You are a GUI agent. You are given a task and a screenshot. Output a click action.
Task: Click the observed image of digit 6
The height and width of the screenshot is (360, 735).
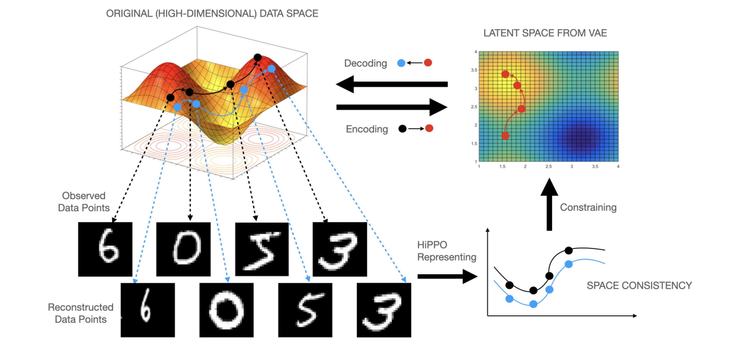tap(105, 249)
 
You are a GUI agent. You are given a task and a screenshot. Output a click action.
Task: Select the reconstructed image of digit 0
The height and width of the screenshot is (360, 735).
tap(226, 310)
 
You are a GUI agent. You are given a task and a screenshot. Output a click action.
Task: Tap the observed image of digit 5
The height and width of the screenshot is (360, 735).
tap(262, 249)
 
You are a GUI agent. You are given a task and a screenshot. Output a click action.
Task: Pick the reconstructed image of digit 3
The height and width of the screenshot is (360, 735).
tap(384, 310)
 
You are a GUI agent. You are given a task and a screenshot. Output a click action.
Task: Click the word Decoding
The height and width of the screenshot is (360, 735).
tap(365, 63)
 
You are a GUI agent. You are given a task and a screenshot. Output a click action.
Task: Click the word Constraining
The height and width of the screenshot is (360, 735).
tap(588, 207)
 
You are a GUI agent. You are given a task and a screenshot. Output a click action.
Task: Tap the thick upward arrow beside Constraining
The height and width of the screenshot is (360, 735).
tap(549, 204)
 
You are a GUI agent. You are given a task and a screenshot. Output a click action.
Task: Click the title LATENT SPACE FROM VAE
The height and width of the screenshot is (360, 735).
tap(545, 33)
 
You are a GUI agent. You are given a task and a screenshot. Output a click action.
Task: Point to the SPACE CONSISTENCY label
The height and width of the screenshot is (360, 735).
tap(639, 285)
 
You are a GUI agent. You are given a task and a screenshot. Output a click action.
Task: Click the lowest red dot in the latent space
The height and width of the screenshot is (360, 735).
tap(505, 136)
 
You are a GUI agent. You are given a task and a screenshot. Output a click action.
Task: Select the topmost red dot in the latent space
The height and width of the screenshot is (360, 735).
tap(505, 74)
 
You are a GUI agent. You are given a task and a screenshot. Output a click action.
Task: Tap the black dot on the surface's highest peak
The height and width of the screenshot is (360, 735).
tap(257, 57)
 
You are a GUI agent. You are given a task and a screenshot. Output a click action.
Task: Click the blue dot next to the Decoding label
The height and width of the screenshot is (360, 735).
tap(401, 63)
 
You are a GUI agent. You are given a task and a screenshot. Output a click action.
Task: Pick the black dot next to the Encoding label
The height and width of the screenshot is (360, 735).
tap(402, 129)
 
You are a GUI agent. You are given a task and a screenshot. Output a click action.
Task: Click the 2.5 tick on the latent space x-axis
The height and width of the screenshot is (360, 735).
tap(548, 166)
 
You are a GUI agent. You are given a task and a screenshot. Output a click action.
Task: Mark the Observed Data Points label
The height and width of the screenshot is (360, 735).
tap(84, 202)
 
